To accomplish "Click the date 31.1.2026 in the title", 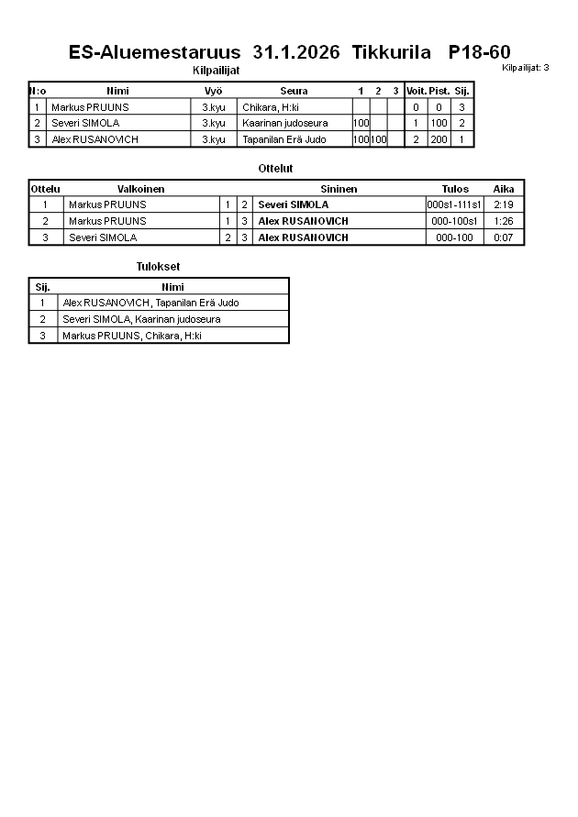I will click(x=295, y=52).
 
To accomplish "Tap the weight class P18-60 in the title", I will click(x=480, y=52).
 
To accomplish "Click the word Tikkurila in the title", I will click(x=391, y=52).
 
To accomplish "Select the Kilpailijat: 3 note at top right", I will click(x=526, y=68).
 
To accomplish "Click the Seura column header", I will click(x=294, y=91).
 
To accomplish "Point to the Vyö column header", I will click(x=214, y=91).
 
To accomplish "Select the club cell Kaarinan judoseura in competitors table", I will click(x=284, y=123).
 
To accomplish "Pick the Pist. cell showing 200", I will click(x=439, y=139).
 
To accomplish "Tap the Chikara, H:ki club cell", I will click(x=271, y=107).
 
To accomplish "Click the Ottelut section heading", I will click(x=275, y=169).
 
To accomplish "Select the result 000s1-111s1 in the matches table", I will click(x=454, y=204).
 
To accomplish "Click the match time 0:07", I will click(x=503, y=237).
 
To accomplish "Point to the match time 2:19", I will click(x=503, y=204).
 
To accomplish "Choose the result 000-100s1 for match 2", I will click(x=454, y=221).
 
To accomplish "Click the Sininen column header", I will click(x=339, y=189).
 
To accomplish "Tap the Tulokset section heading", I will click(x=158, y=267).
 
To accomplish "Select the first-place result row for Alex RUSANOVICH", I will click(x=151, y=303).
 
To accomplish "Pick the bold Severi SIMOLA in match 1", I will click(x=293, y=204).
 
